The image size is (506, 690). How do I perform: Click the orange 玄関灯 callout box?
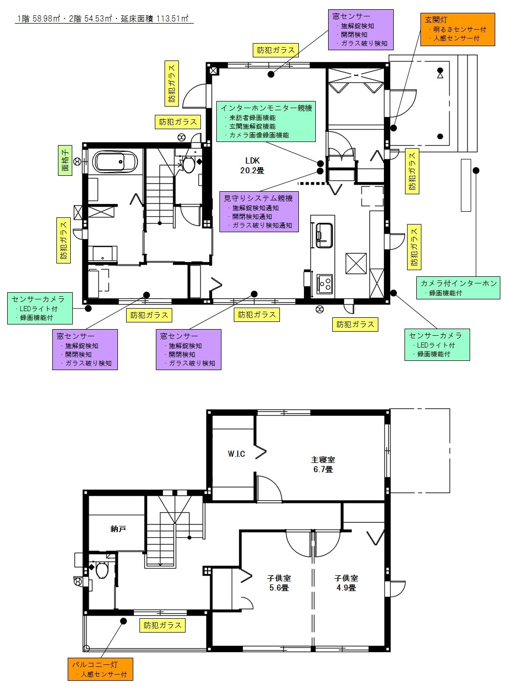(x=458, y=29)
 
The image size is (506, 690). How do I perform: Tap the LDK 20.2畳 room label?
(x=252, y=166)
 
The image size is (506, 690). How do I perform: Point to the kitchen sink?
(x=323, y=235)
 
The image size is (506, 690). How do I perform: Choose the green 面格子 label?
(x=65, y=160)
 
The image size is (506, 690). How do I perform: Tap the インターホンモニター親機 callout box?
(x=266, y=121)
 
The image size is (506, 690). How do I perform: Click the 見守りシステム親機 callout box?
(x=259, y=211)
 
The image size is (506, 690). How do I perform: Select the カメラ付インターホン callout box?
(x=458, y=288)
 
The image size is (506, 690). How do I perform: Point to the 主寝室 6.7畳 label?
(x=323, y=464)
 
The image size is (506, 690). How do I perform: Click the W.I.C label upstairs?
(x=236, y=454)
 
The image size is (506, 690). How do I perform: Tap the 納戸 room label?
(x=118, y=529)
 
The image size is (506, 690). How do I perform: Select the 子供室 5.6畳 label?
(x=279, y=583)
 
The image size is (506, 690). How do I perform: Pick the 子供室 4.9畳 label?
(x=346, y=583)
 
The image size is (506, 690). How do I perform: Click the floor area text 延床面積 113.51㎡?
(x=155, y=18)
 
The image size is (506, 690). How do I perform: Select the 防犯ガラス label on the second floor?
(x=163, y=625)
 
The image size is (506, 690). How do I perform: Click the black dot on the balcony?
(x=124, y=621)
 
